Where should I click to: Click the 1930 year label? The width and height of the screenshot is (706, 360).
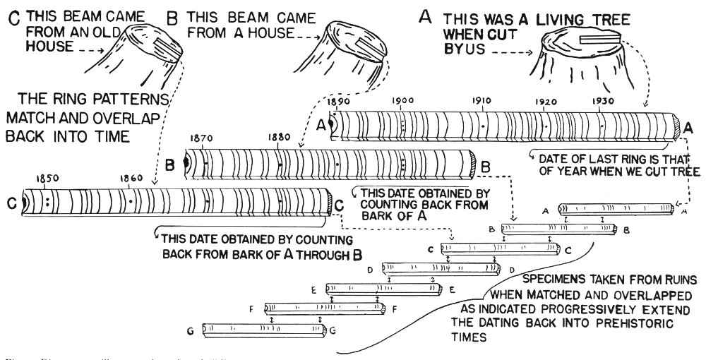(602, 102)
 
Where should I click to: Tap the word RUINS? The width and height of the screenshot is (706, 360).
(677, 279)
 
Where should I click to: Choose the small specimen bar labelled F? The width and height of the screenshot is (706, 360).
(325, 308)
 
